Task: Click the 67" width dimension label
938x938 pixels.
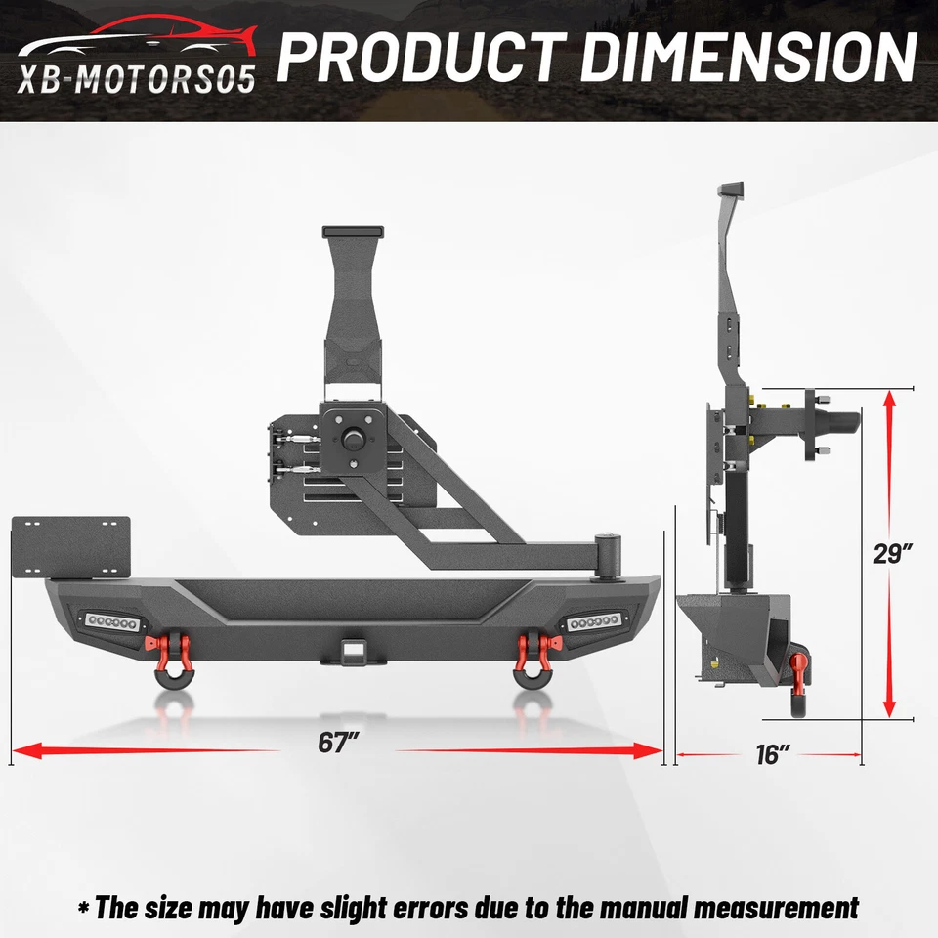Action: click(x=334, y=743)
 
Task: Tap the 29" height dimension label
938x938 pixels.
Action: click(x=892, y=553)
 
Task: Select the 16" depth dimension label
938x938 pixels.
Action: click(x=771, y=754)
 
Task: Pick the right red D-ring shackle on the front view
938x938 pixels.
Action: click(x=532, y=653)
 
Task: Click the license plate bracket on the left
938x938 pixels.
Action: click(x=69, y=547)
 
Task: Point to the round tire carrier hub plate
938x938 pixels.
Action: click(x=352, y=439)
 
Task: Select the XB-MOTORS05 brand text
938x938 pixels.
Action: click(x=137, y=78)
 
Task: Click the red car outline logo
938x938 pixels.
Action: click(x=137, y=39)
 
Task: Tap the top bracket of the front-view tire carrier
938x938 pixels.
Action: click(x=353, y=234)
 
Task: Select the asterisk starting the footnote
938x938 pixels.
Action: click(x=85, y=905)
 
